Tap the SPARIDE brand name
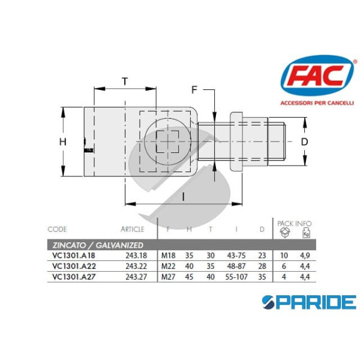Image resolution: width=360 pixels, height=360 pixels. click(311, 301)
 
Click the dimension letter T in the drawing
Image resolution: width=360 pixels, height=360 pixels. click(125, 81)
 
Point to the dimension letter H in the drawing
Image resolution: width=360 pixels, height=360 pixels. click(62, 142)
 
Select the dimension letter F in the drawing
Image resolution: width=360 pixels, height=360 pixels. click(194, 90)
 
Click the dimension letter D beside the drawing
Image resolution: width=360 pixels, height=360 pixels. click(304, 142)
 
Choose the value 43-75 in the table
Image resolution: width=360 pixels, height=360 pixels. click(238, 255)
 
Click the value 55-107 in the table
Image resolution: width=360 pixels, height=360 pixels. click(236, 277)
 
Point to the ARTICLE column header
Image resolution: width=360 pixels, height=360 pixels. click(133, 229)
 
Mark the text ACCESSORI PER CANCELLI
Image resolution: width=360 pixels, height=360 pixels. click(317, 103)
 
